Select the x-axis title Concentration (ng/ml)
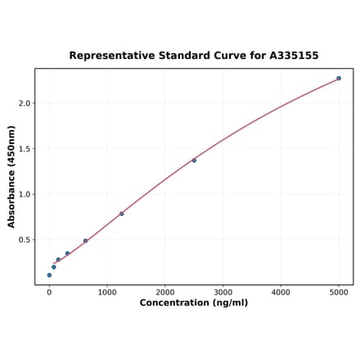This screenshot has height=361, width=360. (x=194, y=303)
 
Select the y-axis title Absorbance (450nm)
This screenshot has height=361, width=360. (x=11, y=176)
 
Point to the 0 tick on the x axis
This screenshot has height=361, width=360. (x=49, y=291)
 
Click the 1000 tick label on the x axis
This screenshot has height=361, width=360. (x=107, y=291)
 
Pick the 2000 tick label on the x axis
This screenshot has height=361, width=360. (x=165, y=291)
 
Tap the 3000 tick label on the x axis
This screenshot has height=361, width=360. (x=223, y=291)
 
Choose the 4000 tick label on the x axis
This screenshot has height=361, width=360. (x=281, y=291)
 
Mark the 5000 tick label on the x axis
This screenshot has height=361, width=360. (x=339, y=291)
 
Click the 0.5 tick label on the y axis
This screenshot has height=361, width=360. (x=25, y=240)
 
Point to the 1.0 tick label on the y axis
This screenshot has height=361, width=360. (x=25, y=194)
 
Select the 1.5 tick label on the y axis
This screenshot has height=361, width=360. (x=25, y=149)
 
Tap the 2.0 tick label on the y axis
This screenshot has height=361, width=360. (x=25, y=103)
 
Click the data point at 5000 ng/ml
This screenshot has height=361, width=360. (x=339, y=79)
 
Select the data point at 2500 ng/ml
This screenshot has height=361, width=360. (x=194, y=160)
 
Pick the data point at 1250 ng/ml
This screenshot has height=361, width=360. (x=122, y=214)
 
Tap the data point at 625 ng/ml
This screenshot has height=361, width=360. (x=85, y=241)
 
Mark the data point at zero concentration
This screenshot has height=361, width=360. (x=49, y=275)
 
